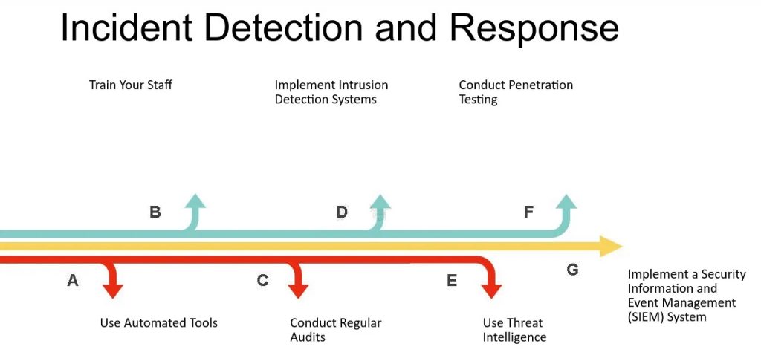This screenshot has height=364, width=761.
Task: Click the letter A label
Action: pyautogui.click(x=73, y=281)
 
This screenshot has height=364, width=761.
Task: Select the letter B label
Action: pyautogui.click(x=155, y=212)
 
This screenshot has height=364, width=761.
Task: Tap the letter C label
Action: pyautogui.click(x=262, y=281)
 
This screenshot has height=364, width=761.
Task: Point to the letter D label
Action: pyautogui.click(x=341, y=212)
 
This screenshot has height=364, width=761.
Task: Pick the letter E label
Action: pyautogui.click(x=452, y=281)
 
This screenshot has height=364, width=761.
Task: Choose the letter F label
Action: pyautogui.click(x=528, y=212)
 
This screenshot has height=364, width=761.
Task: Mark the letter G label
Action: pyautogui.click(x=572, y=270)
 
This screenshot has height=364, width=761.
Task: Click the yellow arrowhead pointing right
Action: pyautogui.click(x=611, y=246)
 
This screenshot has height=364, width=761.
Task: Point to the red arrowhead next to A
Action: pyautogui.click(x=113, y=290)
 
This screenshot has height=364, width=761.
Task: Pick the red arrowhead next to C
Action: pyautogui.click(x=298, y=290)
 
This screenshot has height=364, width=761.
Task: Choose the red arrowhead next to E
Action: pyautogui.click(x=491, y=290)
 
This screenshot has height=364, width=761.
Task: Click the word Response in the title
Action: pyautogui.click(x=534, y=28)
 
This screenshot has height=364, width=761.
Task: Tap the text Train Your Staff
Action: pyautogui.click(x=131, y=85)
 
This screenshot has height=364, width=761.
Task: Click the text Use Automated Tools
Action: pyautogui.click(x=159, y=322)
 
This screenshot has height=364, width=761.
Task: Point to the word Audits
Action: pyautogui.click(x=308, y=337)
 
